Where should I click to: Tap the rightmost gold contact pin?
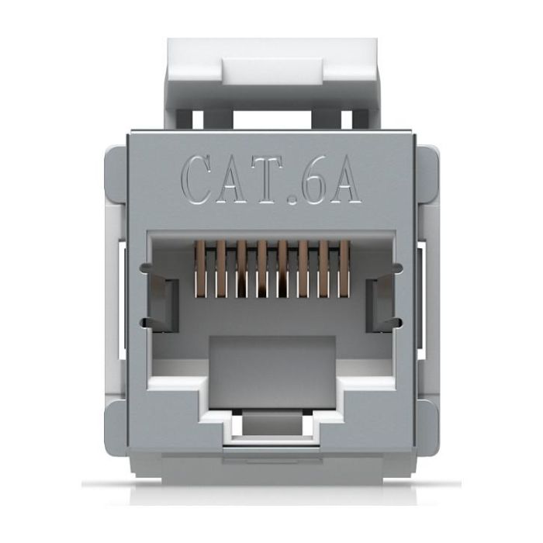[344, 268]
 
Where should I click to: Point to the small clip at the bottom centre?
[271, 428]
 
